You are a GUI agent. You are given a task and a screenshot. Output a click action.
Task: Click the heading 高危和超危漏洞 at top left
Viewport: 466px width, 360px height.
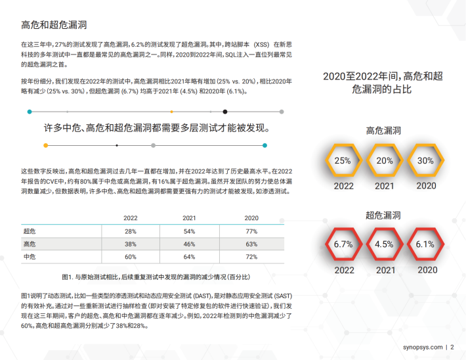coord(54,26)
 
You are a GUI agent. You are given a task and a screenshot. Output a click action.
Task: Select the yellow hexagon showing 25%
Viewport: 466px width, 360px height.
coord(343,160)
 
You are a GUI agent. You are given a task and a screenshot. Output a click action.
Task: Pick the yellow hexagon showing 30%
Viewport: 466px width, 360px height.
coord(426,160)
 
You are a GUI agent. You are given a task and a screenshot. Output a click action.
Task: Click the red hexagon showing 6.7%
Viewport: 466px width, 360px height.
coord(343,244)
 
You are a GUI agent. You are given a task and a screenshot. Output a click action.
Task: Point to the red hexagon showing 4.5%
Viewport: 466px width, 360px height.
coord(385,244)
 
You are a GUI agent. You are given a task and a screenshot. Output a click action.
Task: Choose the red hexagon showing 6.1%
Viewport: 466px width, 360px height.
coord(426,244)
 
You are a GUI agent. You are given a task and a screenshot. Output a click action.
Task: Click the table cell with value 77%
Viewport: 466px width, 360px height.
coord(251,231)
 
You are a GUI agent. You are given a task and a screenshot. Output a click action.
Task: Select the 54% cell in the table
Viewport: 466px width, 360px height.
coord(190,231)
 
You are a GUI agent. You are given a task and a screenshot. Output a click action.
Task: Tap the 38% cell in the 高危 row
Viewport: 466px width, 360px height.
coord(130,244)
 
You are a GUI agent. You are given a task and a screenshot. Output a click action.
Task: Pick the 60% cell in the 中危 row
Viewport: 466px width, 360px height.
coord(130,256)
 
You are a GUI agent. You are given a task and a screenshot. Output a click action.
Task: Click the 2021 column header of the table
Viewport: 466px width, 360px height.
coord(190,218)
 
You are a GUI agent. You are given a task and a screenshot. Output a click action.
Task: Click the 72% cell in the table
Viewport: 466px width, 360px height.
coord(251,256)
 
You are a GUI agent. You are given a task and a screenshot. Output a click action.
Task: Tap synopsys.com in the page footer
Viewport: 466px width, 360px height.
coord(421,347)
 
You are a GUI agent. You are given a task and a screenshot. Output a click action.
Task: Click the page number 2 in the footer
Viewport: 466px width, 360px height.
coord(452,347)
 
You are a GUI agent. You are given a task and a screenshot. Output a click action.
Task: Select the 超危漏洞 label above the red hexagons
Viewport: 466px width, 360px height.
coord(383,215)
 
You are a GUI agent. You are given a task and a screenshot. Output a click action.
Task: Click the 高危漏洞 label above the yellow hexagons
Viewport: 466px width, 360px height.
coord(383,131)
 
